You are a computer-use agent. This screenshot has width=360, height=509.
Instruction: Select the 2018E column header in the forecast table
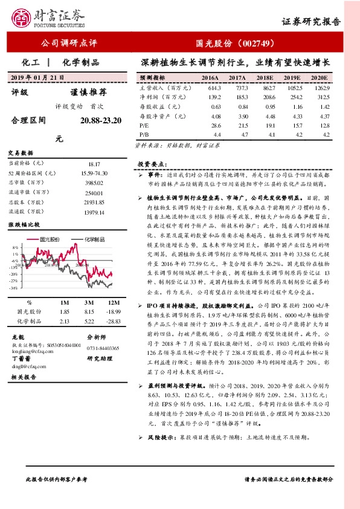point(265,79)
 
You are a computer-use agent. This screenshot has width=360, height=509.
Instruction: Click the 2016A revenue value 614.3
point(210,88)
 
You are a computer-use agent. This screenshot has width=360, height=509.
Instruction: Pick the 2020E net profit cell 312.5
point(319,97)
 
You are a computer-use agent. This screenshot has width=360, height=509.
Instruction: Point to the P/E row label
point(144,124)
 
